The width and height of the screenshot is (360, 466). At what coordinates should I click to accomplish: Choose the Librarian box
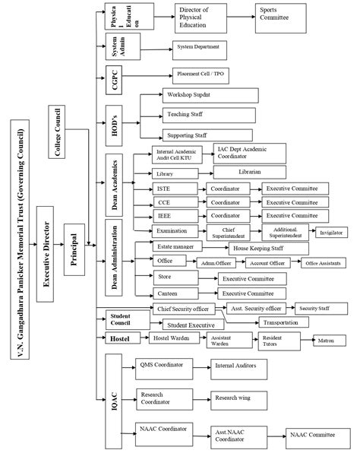pos(249,173)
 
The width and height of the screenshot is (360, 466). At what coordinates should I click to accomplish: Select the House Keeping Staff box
pos(259,249)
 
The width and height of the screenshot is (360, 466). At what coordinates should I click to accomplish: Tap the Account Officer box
pos(267,263)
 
